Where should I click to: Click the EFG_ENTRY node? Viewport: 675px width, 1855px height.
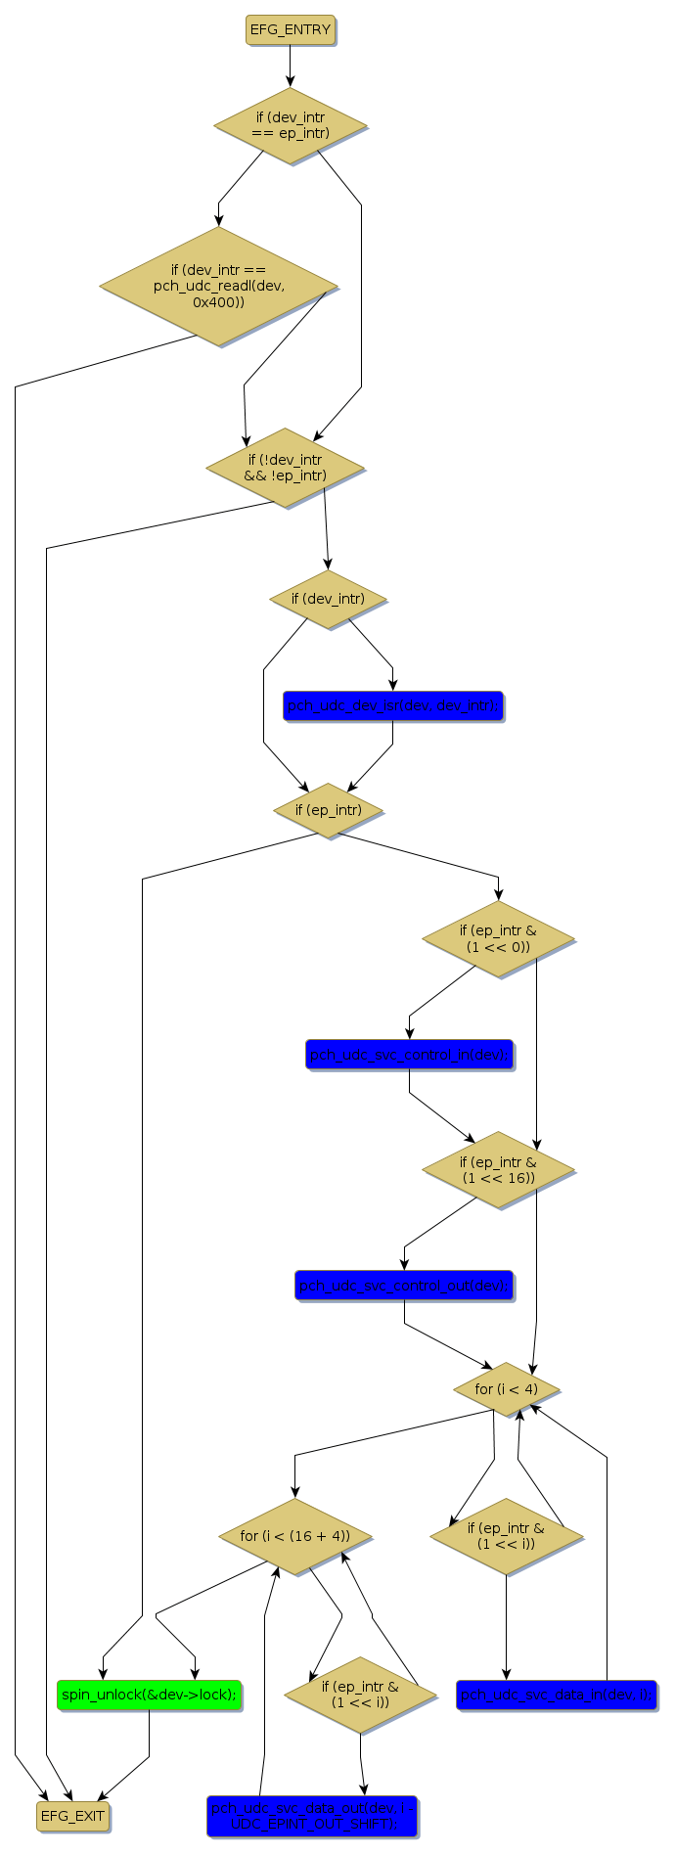(290, 30)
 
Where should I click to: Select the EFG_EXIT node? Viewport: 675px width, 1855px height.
(72, 1816)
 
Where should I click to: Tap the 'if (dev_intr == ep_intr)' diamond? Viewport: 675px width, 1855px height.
(290, 125)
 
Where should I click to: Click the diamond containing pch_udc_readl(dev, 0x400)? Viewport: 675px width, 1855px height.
(218, 287)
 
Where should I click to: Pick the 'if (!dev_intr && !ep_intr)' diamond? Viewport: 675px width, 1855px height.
(285, 468)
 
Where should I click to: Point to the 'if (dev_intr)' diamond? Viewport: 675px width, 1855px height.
(328, 599)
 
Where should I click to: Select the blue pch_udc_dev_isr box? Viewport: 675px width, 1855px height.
(392, 705)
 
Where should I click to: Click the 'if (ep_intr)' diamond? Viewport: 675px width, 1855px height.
(328, 810)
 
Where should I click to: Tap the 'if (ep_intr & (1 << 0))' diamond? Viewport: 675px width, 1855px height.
(498, 939)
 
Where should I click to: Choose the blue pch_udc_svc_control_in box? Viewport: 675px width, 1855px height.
(409, 1055)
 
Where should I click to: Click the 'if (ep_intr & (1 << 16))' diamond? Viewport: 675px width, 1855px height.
(498, 1170)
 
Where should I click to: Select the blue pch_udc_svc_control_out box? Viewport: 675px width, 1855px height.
(404, 1286)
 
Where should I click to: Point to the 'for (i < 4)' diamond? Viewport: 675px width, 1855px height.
(506, 1389)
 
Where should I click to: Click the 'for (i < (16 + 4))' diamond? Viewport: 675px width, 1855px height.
(294, 1536)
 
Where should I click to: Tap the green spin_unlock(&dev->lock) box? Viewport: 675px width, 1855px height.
(149, 1695)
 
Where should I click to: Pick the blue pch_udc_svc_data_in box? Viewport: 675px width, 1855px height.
(556, 1695)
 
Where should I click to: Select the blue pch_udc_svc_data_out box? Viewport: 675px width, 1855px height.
(312, 1816)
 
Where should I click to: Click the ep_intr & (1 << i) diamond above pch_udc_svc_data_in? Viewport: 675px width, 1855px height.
(506, 1536)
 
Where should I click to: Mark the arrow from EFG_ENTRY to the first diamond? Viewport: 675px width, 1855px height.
(290, 66)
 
